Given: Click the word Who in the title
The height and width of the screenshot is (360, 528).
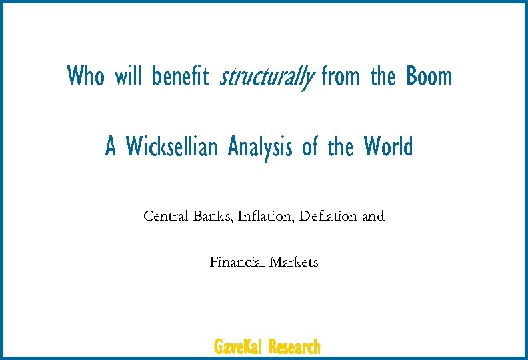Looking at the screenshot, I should [x=86, y=76].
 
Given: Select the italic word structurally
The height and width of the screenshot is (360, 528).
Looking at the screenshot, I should [x=266, y=77].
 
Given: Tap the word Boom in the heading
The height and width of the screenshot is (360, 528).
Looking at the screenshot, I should [x=429, y=76].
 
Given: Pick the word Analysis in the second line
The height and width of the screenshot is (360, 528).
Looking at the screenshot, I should [x=260, y=147].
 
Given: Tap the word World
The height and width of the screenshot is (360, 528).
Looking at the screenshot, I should [x=389, y=146].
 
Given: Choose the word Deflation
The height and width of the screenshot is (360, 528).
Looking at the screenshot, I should [x=327, y=216].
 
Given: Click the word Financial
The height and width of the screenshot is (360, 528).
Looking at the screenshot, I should [x=237, y=262].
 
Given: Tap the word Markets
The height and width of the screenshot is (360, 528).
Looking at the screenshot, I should [x=294, y=262].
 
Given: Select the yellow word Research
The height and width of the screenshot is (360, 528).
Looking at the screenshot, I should [x=295, y=347].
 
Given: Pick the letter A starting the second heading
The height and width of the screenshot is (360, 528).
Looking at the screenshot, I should [x=111, y=146].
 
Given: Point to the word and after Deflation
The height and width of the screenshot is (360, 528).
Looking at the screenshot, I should [x=373, y=216].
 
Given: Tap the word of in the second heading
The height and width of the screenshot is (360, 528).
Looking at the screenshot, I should [x=310, y=146].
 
